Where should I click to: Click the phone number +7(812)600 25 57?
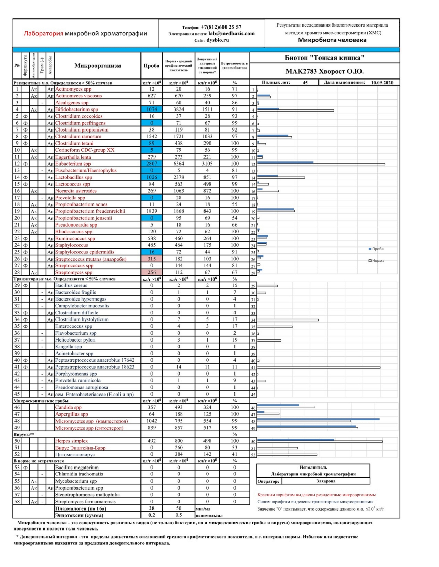[221, 27]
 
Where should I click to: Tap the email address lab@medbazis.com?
[231, 33]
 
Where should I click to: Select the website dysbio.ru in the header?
[218, 40]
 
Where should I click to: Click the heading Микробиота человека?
[332, 40]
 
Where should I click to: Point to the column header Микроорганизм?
[97, 66]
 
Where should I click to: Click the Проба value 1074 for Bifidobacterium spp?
[151, 109]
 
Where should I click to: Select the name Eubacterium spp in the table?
[73, 164]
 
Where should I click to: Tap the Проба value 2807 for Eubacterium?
[151, 164]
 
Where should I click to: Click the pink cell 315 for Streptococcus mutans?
[151, 259]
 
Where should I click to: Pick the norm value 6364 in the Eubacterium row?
[178, 164]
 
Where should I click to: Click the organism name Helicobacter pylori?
[75, 340]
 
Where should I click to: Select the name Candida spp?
[69, 407]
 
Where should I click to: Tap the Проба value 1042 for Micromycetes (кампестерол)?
[151, 421]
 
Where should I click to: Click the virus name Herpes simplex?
[72, 441]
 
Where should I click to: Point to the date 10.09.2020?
[382, 83]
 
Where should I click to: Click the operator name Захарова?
[326, 481]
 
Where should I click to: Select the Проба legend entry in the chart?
[377, 249]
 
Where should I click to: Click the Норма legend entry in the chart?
[378, 261]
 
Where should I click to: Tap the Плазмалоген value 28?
[151, 508]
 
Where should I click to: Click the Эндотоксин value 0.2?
[151, 515]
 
